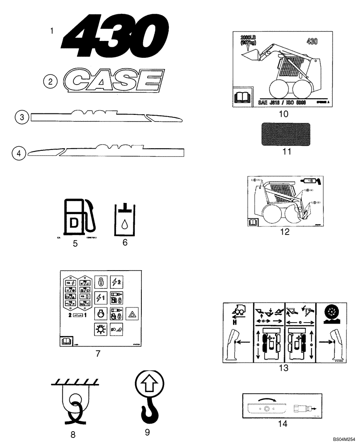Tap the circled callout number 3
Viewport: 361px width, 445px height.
point(21,117)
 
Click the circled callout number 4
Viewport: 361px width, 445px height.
point(18,153)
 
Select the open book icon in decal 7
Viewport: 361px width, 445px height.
point(65,342)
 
